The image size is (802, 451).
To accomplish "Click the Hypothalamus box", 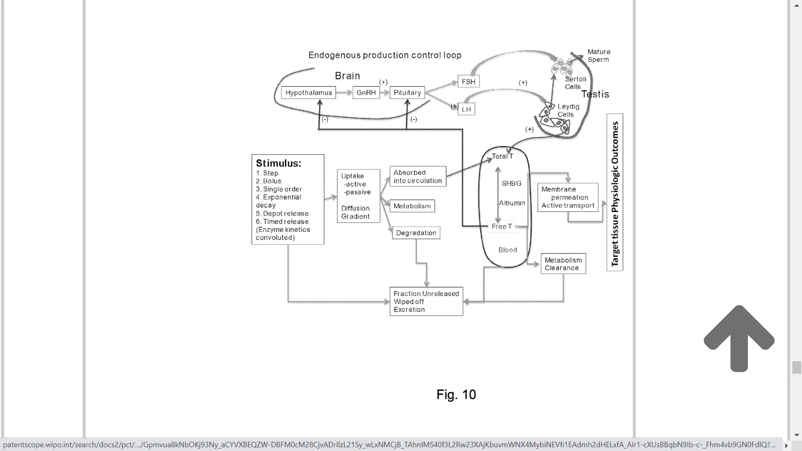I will pos(308,93).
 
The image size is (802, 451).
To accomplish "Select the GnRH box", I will pos(366,93).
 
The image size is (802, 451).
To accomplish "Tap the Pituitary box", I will pos(407,93).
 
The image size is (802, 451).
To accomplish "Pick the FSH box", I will pos(468,81).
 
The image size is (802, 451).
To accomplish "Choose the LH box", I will pos(466,109).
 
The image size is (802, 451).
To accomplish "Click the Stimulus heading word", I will pos(278,163).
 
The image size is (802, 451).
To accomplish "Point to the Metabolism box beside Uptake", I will pos(412,206).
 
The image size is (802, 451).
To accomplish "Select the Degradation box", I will pos(416,233).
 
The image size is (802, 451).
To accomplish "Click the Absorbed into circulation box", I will pos(418,177).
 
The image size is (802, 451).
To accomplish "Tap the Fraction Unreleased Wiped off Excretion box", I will pos(426,302).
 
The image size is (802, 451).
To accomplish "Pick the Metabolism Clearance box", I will pos(563,264).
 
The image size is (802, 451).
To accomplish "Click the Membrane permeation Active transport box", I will pos(568,197).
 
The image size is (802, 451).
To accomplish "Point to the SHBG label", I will pos(511,183).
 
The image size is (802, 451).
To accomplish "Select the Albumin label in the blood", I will pos(512,203).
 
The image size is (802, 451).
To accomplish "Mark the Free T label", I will pos(502,226).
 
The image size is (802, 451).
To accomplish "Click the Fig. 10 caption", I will pos(456,395).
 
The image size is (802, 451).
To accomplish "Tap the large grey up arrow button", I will pos(739,338).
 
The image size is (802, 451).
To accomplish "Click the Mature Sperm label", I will pos(599,56).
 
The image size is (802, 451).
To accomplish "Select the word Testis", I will pos(595,94).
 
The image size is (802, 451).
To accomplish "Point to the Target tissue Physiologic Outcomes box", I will pos(615,193).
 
